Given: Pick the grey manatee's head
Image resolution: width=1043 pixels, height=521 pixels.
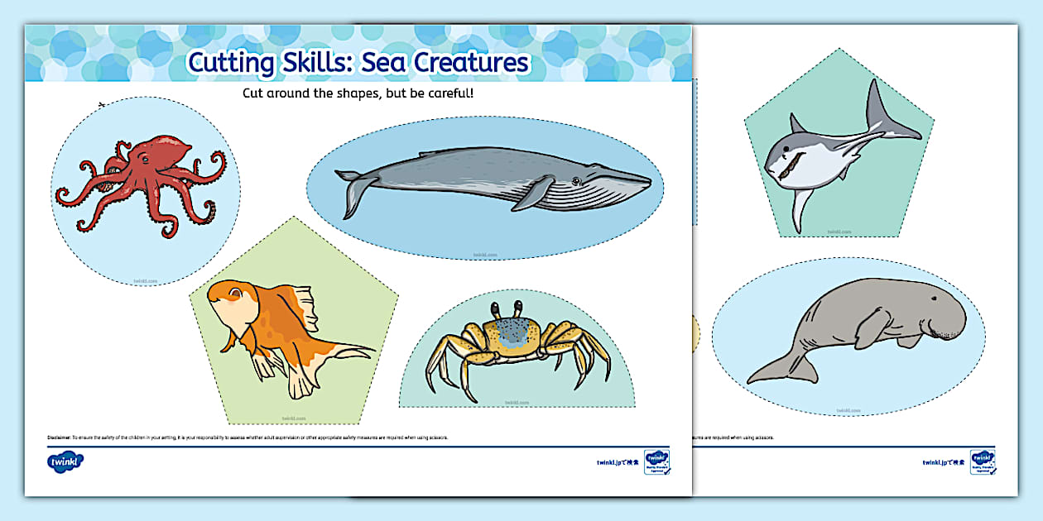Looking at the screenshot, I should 935,310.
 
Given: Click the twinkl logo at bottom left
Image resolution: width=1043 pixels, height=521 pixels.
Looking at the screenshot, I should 65,461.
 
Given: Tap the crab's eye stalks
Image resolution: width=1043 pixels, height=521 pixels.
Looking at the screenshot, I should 507,309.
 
